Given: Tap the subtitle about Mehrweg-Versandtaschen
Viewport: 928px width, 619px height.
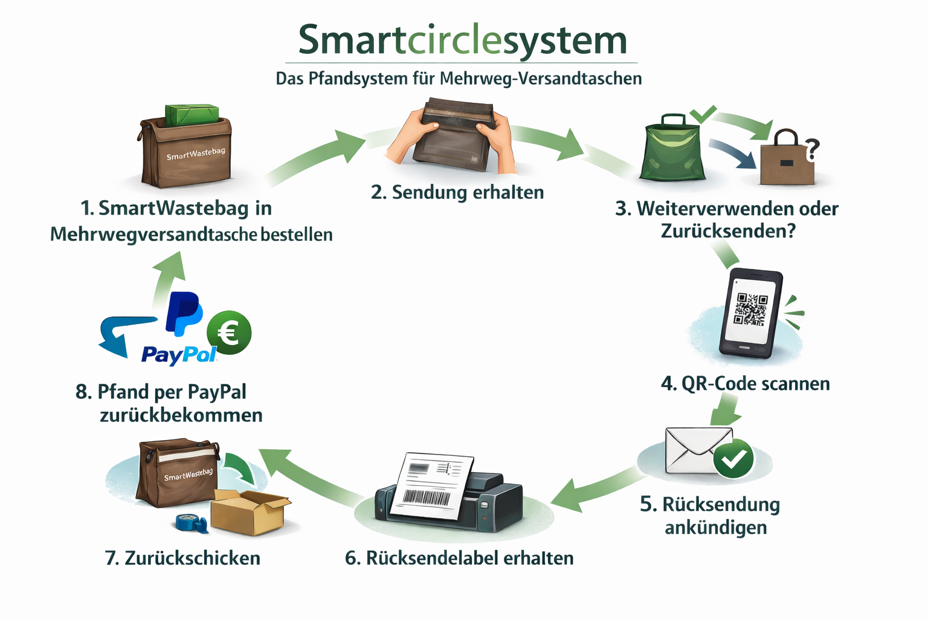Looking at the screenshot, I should point(459,79).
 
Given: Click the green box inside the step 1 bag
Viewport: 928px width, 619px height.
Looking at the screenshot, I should point(192,115).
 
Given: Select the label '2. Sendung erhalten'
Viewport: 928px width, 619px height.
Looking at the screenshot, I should point(457,192).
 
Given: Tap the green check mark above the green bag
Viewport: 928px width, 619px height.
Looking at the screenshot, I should point(703,113).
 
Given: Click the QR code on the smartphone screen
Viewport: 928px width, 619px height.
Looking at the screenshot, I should point(750,309).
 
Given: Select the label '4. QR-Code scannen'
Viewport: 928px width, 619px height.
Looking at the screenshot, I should point(745,383).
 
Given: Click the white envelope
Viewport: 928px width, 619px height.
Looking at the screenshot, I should point(695,450).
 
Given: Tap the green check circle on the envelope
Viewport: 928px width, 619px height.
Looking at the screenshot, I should point(733,459).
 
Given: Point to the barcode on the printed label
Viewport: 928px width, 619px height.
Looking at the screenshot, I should point(427,497).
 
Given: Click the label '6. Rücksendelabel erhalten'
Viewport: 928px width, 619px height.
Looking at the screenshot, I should point(459,558).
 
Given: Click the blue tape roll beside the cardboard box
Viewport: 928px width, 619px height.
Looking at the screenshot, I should point(192,522).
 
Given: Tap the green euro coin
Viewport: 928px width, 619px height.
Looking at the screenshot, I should point(229,332).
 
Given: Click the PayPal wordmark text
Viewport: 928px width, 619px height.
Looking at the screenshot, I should point(179,354).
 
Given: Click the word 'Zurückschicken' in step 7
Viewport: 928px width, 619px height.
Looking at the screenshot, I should point(192,558).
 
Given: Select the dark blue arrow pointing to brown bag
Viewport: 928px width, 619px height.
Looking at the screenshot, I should point(732,154).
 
